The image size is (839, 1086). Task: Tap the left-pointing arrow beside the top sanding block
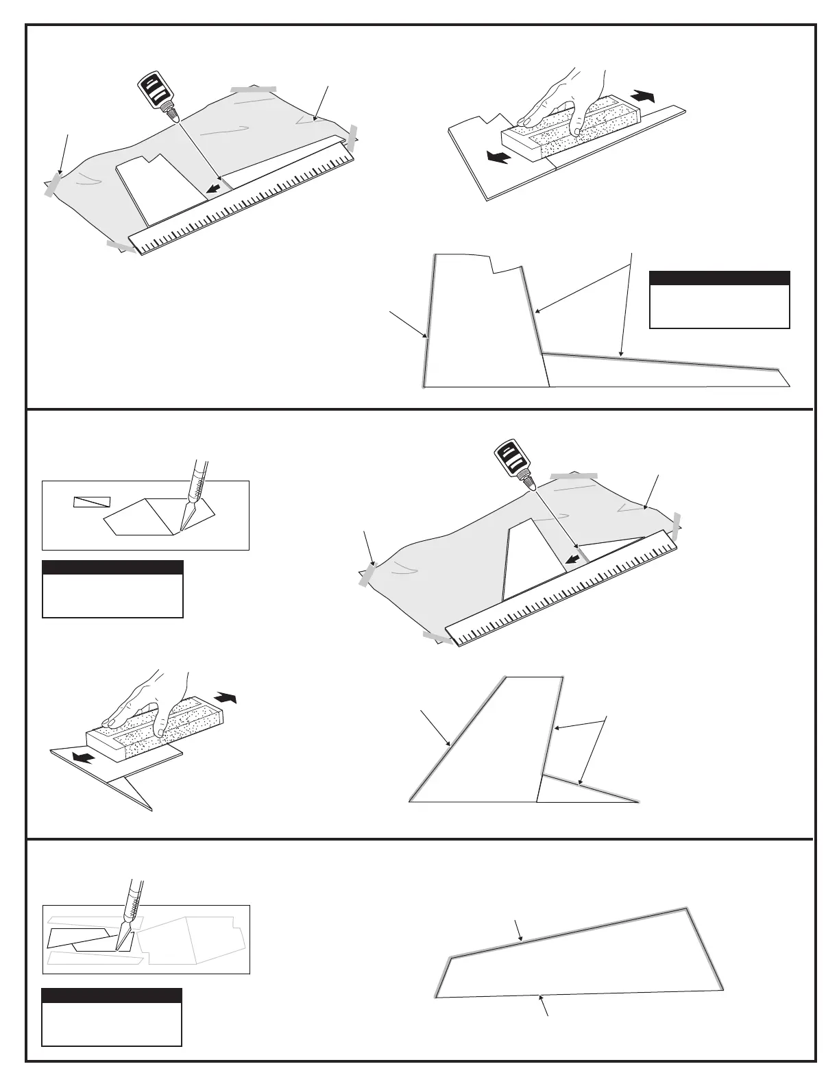pos(498,158)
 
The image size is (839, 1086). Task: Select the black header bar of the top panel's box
pos(719,278)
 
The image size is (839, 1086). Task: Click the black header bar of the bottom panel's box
pos(112,995)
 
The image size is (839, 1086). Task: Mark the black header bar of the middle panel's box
pos(112,567)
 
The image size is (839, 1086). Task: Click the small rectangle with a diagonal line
pos(92,501)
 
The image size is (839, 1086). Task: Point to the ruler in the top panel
pos(247,206)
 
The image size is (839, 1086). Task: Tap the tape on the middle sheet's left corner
pos(367,575)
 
